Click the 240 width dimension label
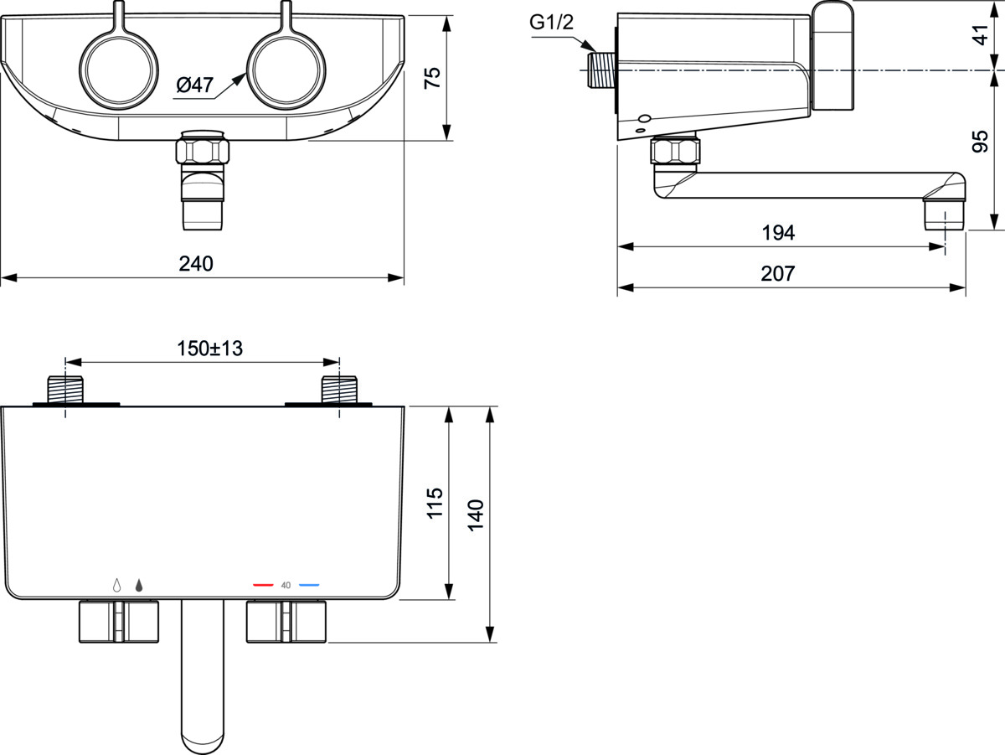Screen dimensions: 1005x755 coord(196,264)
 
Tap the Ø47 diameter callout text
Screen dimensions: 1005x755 coord(195,85)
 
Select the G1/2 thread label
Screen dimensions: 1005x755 coord(551,22)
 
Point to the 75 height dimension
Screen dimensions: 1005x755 coord(432,78)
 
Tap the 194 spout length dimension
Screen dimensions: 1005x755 coord(778,233)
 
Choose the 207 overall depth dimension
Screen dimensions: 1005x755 coord(778,273)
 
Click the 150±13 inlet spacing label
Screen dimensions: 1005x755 coord(209,349)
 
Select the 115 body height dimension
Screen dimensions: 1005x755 coord(435,503)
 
